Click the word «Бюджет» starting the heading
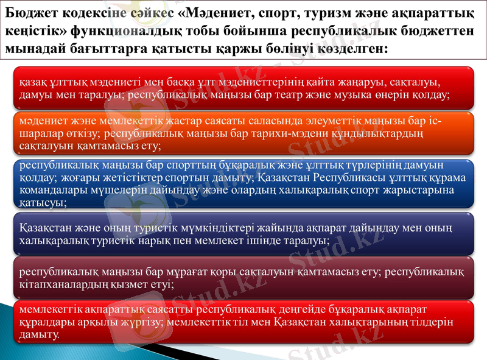(x=27, y=10)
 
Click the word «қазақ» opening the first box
(x=32, y=82)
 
